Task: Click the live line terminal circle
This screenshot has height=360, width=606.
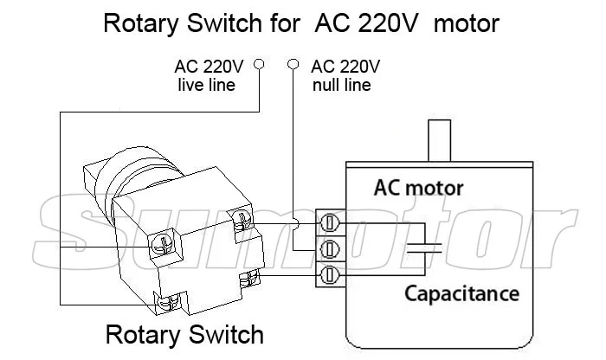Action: click(x=259, y=64)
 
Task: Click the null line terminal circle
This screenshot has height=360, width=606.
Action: click(x=293, y=64)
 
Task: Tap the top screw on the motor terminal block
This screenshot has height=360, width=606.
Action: click(x=330, y=223)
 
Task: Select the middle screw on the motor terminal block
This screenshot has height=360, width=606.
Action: click(x=330, y=249)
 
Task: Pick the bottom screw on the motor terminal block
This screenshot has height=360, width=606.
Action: click(x=330, y=275)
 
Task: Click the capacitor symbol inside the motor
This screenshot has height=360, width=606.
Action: click(x=425, y=248)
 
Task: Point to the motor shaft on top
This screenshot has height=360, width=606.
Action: click(x=440, y=140)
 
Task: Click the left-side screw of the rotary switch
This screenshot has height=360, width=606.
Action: click(x=164, y=245)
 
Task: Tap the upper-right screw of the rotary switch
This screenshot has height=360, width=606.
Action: click(x=242, y=220)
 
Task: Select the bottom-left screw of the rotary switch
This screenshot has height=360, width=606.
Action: click(x=169, y=301)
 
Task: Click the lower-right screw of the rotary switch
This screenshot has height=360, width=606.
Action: click(x=249, y=278)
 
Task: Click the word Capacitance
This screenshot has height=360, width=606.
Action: click(x=461, y=294)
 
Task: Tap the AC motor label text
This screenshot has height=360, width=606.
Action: click(x=418, y=188)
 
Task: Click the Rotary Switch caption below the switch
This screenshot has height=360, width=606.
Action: click(x=184, y=335)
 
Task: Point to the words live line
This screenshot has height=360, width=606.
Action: click(x=206, y=85)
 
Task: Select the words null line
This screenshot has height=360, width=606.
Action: click(x=342, y=85)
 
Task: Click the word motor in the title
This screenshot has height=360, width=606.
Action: click(x=467, y=23)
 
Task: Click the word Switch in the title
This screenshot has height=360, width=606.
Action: click(x=224, y=23)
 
